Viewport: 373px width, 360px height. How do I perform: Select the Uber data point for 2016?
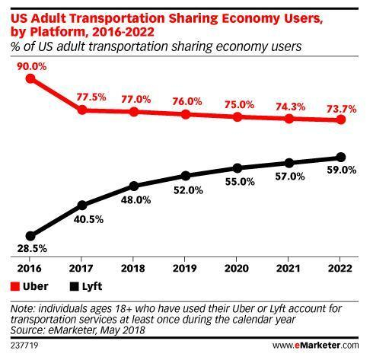tap(30, 78)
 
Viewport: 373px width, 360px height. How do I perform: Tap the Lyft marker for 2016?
tap(30, 236)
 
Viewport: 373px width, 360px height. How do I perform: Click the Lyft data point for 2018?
tap(134, 186)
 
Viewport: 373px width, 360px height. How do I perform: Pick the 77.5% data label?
tap(82, 97)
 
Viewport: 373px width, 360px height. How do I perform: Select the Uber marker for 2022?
tap(340, 120)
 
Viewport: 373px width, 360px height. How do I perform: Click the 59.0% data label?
tap(340, 170)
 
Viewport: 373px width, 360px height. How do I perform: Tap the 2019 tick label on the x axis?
tap(185, 269)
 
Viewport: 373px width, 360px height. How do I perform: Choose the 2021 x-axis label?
tap(289, 269)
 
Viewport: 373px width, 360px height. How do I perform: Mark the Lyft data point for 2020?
tap(238, 168)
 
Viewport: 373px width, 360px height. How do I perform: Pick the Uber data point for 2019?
tap(186, 114)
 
